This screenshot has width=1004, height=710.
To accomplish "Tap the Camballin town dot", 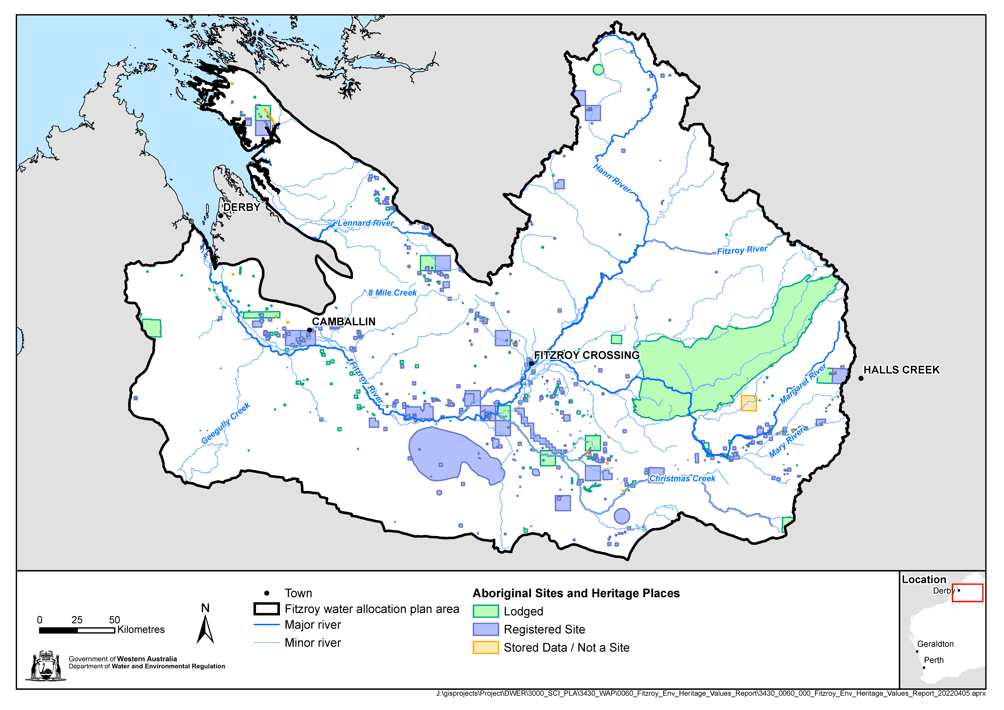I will [x=309, y=330].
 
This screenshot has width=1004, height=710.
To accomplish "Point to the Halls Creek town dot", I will [x=861, y=378].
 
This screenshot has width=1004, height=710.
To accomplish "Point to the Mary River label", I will [x=786, y=442].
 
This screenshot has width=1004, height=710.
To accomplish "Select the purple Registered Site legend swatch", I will [x=485, y=629].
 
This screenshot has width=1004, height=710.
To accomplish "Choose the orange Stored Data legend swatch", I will [x=485, y=647].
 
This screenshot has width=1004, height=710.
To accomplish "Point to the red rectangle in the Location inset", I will [x=967, y=593].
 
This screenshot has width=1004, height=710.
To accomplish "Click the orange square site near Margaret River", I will [x=749, y=403].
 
